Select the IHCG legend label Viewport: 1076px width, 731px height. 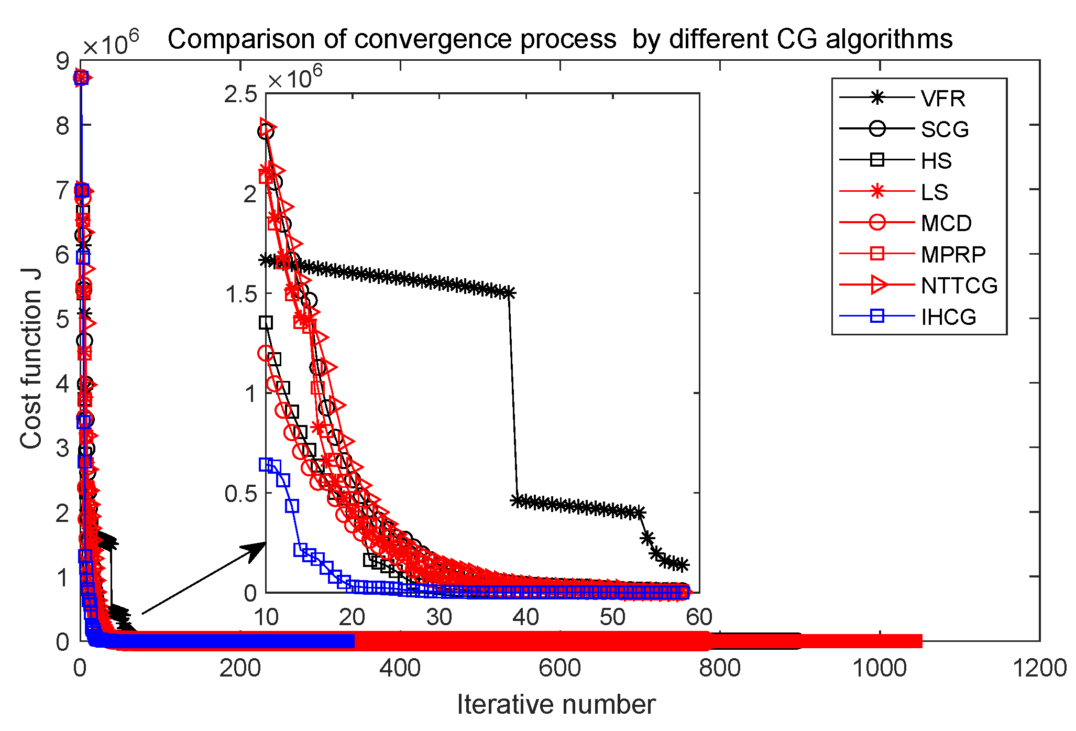click(x=948, y=317)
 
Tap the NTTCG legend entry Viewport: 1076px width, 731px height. click(x=959, y=286)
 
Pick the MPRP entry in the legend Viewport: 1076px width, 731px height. click(x=953, y=255)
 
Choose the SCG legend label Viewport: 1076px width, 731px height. click(x=945, y=129)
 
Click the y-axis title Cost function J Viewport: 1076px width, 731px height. click(x=31, y=358)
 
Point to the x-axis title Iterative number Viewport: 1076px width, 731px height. click(x=556, y=704)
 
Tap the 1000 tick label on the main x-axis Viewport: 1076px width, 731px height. click(x=880, y=669)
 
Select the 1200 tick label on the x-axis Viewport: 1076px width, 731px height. click(x=1039, y=669)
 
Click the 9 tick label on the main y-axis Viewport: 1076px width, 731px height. click(x=62, y=62)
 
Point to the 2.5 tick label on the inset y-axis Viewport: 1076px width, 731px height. click(x=241, y=95)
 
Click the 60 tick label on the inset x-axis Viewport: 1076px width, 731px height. click(x=699, y=617)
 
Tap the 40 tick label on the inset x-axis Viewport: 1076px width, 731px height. click(x=525, y=617)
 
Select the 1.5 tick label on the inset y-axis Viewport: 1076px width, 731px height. click(x=241, y=294)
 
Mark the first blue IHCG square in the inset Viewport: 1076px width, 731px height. click(x=266, y=464)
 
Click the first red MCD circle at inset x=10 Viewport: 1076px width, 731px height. click(x=266, y=353)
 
